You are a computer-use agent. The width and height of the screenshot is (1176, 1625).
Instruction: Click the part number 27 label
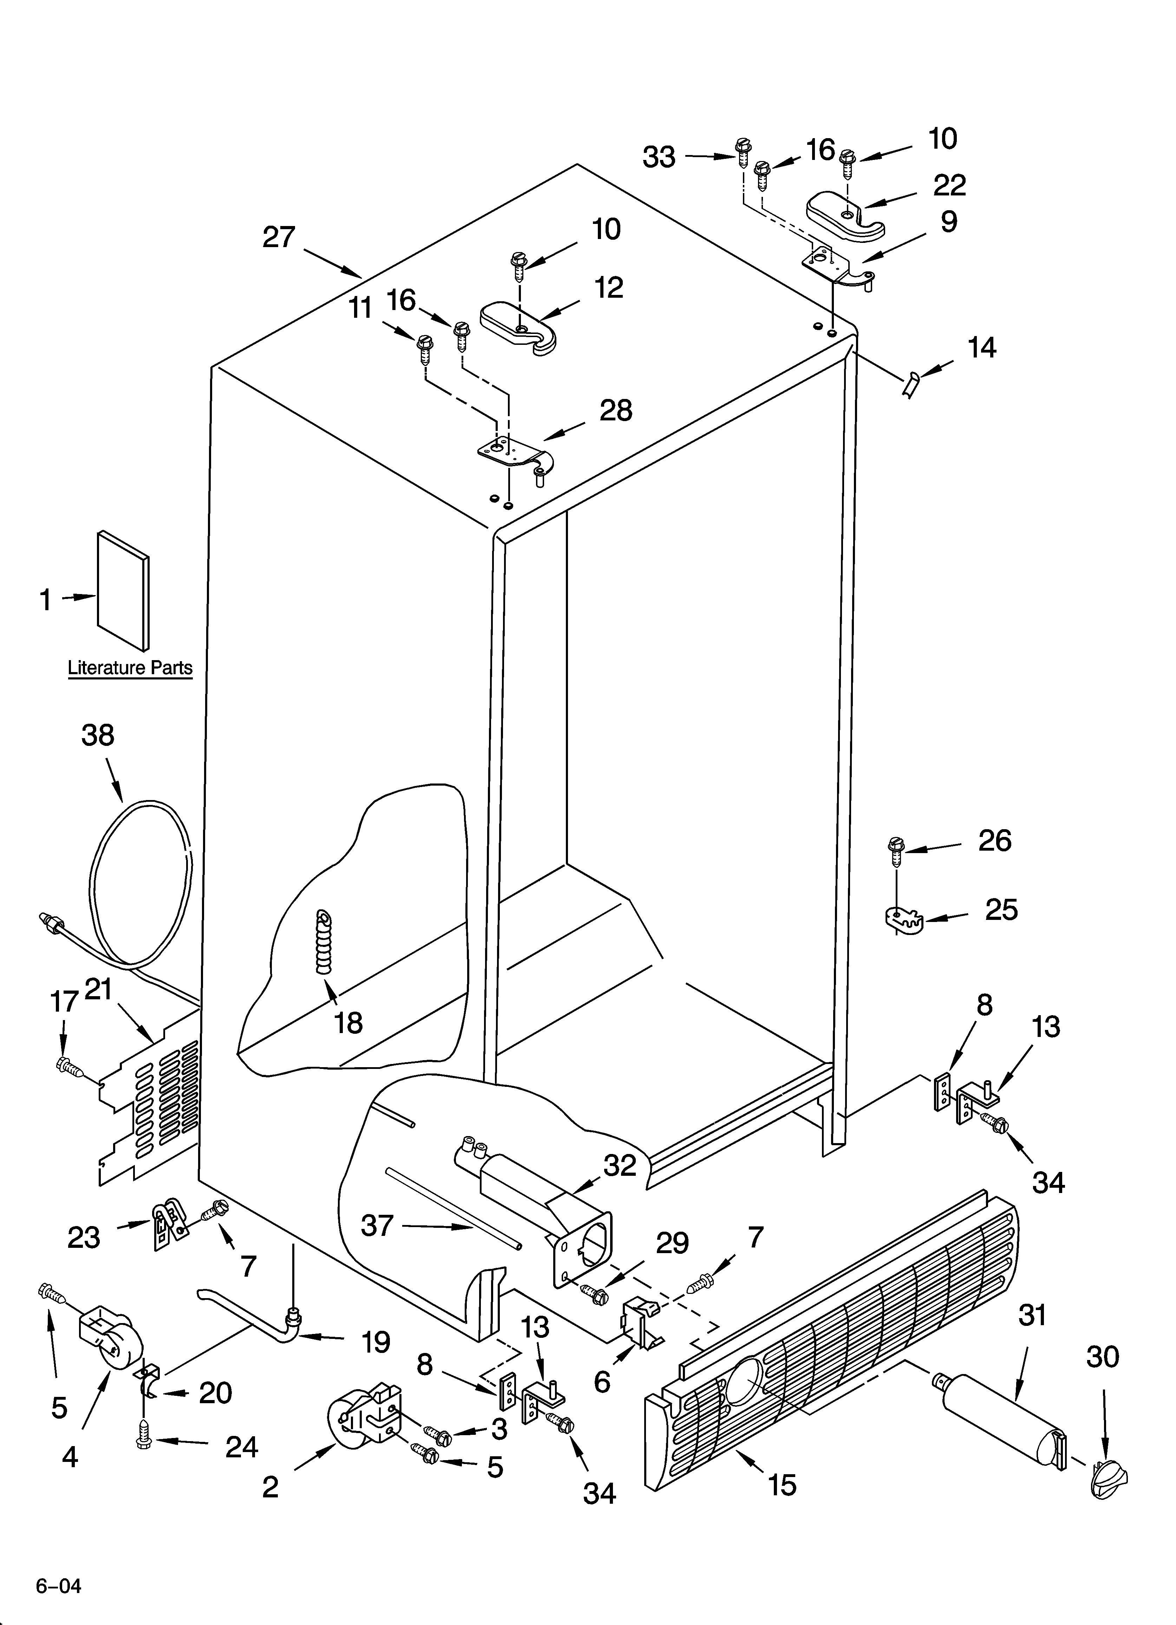279,237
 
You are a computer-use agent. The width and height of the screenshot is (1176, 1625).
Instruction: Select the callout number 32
620,1166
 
